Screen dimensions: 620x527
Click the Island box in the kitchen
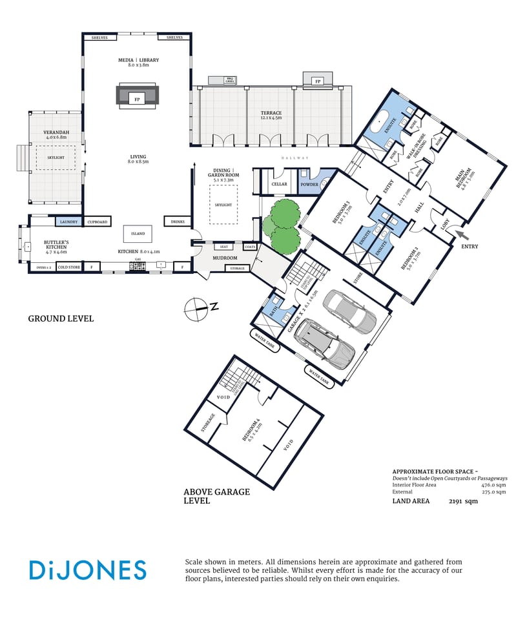(x=138, y=234)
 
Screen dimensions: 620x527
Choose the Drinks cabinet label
(x=177, y=222)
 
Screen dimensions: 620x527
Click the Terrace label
(x=271, y=113)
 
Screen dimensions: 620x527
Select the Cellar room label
(x=279, y=184)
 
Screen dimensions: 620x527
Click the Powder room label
(x=309, y=184)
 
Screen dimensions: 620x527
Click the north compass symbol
(x=196, y=309)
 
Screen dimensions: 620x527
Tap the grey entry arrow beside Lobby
(x=461, y=234)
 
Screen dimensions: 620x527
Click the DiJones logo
(x=87, y=570)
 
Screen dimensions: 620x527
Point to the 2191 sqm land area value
(x=463, y=501)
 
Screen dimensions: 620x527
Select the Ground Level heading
(x=61, y=318)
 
